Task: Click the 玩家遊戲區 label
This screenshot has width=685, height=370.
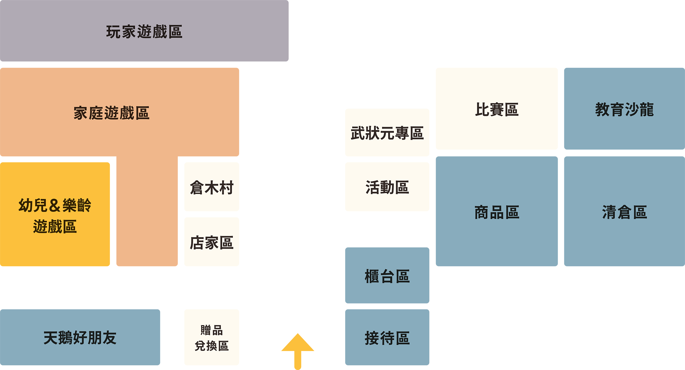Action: coord(144,32)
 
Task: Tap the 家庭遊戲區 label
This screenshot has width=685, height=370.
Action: coord(111,113)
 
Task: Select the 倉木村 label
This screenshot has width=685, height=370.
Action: coord(212,188)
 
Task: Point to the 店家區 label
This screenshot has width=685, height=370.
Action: coord(212,243)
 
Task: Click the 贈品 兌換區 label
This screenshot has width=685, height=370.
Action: coord(212,338)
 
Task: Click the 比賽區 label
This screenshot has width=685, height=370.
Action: coord(497,109)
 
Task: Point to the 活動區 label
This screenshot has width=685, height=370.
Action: coord(387,187)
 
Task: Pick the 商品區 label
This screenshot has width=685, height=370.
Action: coord(497,212)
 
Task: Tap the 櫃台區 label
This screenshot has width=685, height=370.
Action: coord(387,276)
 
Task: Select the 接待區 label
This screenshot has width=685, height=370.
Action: coord(387,338)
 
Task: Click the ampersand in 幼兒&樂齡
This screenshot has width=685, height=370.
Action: coord(55,205)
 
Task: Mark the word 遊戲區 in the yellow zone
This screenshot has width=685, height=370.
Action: coord(55,227)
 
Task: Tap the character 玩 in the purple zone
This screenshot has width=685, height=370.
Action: coord(113,32)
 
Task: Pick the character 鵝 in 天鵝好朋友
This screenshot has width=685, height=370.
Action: coord(65,338)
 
